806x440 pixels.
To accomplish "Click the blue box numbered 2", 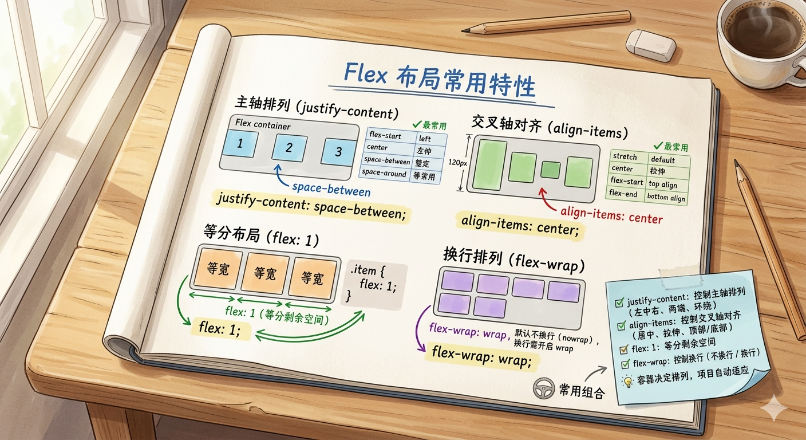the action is click(289, 148).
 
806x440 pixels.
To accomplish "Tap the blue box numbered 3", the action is click(338, 152).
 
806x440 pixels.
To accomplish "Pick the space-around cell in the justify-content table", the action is click(385, 174).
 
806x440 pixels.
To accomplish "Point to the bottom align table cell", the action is click(666, 198).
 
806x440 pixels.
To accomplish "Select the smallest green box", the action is click(551, 170).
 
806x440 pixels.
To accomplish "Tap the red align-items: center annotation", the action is click(611, 217).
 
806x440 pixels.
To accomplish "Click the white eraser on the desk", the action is click(651, 44).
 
